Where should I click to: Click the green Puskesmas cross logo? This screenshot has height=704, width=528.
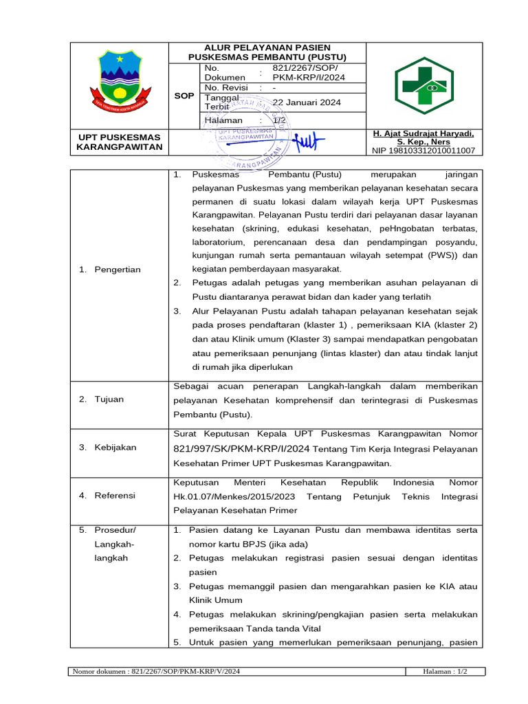tap(423, 85)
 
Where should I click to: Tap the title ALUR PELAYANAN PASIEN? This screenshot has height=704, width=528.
tap(267, 47)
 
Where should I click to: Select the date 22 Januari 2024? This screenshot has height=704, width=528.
tap(307, 102)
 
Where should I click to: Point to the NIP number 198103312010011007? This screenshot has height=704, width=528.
tap(423, 151)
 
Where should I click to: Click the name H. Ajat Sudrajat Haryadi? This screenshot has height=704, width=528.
tap(423, 133)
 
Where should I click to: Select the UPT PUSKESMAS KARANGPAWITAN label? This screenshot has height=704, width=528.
tap(120, 142)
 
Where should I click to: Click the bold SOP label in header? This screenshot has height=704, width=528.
tap(184, 96)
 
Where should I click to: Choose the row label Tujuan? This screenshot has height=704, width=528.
tap(110, 399)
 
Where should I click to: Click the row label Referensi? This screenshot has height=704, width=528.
tap(115, 495)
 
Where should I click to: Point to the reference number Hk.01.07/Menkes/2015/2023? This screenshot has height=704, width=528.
tap(236, 496)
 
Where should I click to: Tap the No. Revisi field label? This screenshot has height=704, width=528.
tap(225, 88)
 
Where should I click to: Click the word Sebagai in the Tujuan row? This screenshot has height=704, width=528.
tap(193, 386)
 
